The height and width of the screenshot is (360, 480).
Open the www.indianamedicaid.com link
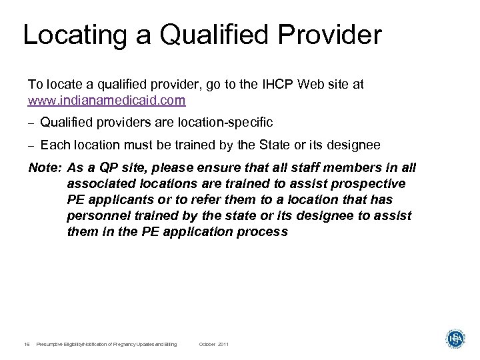pos(107,101)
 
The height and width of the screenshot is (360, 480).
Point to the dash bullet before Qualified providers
pos(31,123)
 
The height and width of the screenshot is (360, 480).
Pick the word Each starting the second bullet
pos(52,145)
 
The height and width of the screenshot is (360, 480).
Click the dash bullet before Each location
pos(31,145)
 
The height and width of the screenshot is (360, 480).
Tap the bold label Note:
pos(45,169)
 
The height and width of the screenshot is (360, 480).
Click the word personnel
pos(97,216)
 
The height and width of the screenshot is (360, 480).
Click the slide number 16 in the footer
pos(26,344)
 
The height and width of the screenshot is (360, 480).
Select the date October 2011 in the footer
pos(214,344)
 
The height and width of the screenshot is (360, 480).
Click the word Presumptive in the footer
pos(52,344)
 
